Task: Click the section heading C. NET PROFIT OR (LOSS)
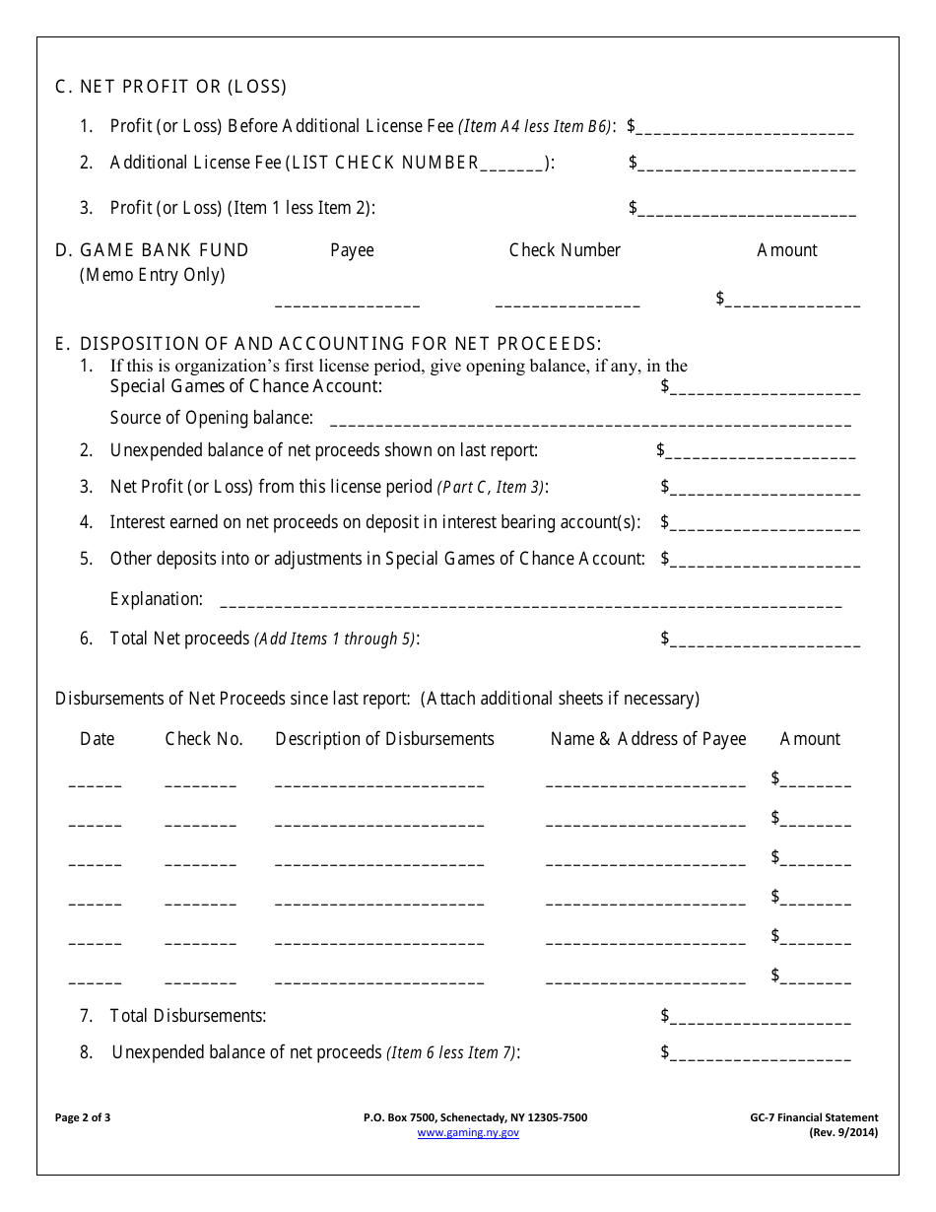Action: (170, 87)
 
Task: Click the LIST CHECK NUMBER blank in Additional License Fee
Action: (512, 165)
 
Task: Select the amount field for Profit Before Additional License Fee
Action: (746, 128)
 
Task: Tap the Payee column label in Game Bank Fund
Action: (352, 250)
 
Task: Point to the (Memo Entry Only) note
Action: (152, 275)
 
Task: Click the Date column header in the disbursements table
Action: (97, 739)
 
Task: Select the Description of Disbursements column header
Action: (384, 739)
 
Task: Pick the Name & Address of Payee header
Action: (647, 739)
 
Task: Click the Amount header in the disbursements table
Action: (810, 739)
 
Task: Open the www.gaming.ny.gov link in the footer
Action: (468, 1133)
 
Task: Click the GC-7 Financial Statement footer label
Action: (813, 1117)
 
